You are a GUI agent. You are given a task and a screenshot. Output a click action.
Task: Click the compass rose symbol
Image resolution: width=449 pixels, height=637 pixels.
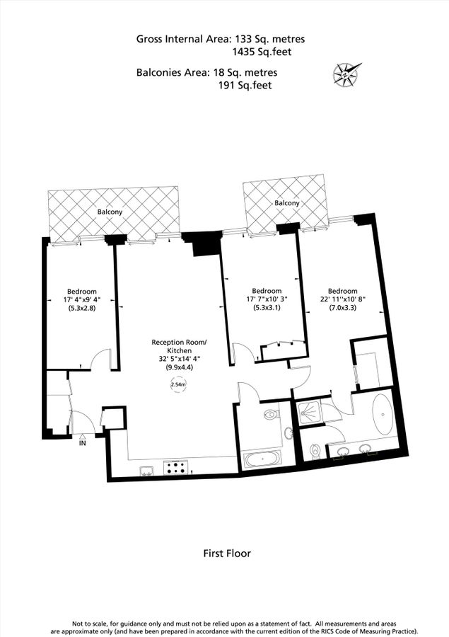(346, 73)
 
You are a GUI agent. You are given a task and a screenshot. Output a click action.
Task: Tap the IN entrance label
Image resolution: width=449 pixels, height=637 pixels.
(83, 444)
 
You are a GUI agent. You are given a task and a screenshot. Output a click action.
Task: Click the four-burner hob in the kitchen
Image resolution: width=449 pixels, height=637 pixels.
(177, 467)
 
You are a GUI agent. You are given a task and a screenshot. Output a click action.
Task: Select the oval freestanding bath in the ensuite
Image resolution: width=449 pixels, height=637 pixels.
(384, 415)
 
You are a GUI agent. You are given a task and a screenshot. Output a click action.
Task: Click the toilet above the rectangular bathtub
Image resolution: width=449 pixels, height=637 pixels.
(272, 415)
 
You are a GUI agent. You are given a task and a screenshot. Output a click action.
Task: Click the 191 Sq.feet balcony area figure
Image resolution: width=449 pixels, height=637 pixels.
(246, 85)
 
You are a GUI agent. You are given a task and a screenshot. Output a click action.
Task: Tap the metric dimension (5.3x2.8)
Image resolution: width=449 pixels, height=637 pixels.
(82, 309)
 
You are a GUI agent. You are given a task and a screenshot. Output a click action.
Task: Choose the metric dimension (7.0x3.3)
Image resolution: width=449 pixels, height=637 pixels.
(342, 309)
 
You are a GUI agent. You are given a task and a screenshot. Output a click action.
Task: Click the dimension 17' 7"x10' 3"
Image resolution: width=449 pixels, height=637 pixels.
(267, 299)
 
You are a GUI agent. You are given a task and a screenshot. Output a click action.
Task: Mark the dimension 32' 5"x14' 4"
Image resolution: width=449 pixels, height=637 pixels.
(180, 359)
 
